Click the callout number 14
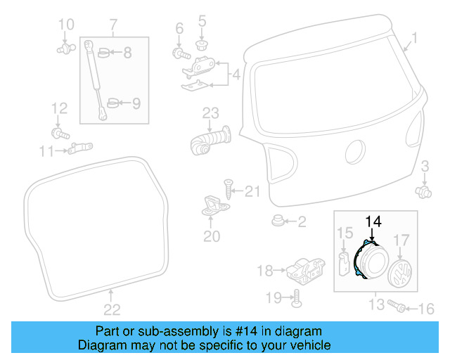(373, 221)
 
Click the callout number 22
(112, 309)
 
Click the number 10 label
(65, 26)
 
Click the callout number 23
(212, 112)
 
